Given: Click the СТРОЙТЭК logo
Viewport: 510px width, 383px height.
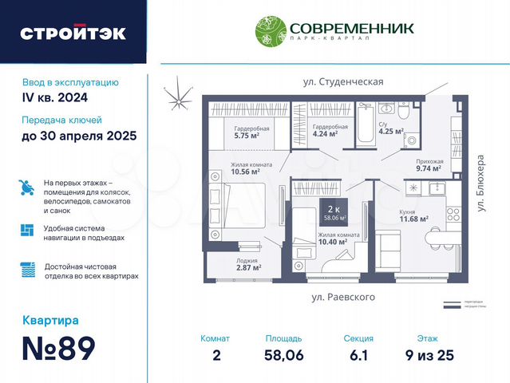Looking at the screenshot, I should click(73, 34).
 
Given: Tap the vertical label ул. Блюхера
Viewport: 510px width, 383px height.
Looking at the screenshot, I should click(482, 183).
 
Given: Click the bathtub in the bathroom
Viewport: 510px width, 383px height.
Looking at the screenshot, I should click(366, 128).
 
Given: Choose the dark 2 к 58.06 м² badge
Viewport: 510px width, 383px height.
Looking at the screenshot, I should click(334, 211).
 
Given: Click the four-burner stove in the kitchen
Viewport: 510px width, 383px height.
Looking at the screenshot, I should click(453, 213).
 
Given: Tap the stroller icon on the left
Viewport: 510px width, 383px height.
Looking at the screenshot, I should click(26, 188).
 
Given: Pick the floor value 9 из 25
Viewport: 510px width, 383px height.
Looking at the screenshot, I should click(429, 355).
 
